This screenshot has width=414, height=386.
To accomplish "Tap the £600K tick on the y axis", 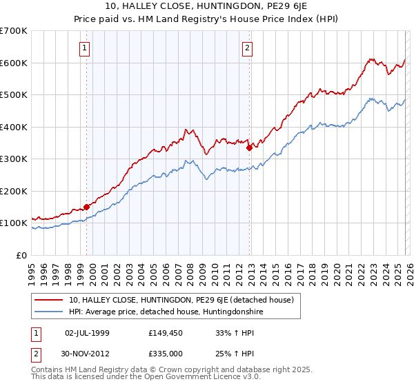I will click(x=14, y=63).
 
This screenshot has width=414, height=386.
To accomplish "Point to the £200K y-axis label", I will click(x=14, y=191).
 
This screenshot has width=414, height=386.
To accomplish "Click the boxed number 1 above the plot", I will click(x=84, y=48).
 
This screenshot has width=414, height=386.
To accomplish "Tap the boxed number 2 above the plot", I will click(x=247, y=48).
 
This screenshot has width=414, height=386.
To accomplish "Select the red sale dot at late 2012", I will click(x=249, y=147).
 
